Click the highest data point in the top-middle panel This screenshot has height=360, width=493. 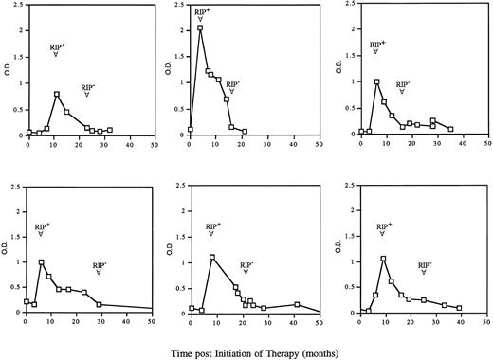[x=200, y=28]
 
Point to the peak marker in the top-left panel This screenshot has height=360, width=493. [x=57, y=94]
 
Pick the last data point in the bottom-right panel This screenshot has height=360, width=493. [x=459, y=308]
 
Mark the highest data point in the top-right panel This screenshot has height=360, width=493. [x=377, y=81]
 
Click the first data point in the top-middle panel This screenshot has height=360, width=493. [x=191, y=129]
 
